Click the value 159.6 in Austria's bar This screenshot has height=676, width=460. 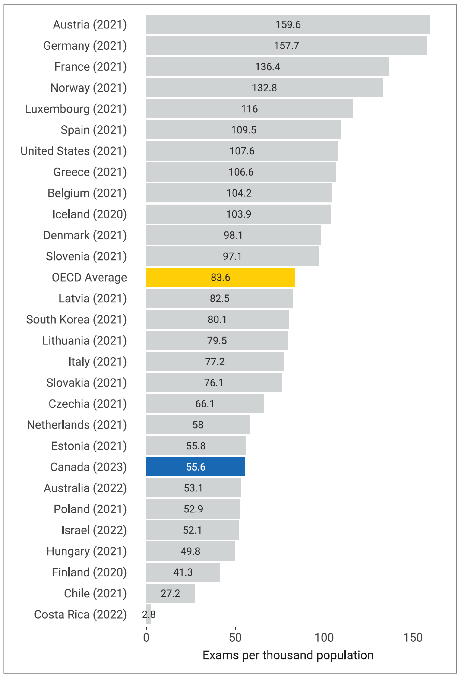(288, 24)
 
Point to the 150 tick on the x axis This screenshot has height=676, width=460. (413, 637)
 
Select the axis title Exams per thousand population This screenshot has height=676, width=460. (288, 655)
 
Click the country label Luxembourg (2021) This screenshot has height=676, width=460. (76, 109)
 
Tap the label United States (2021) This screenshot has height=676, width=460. (73, 151)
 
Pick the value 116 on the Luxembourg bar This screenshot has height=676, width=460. (249, 109)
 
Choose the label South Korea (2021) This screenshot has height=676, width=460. (76, 319)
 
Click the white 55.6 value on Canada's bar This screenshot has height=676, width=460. (196, 467)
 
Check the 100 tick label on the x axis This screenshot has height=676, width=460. (324, 637)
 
